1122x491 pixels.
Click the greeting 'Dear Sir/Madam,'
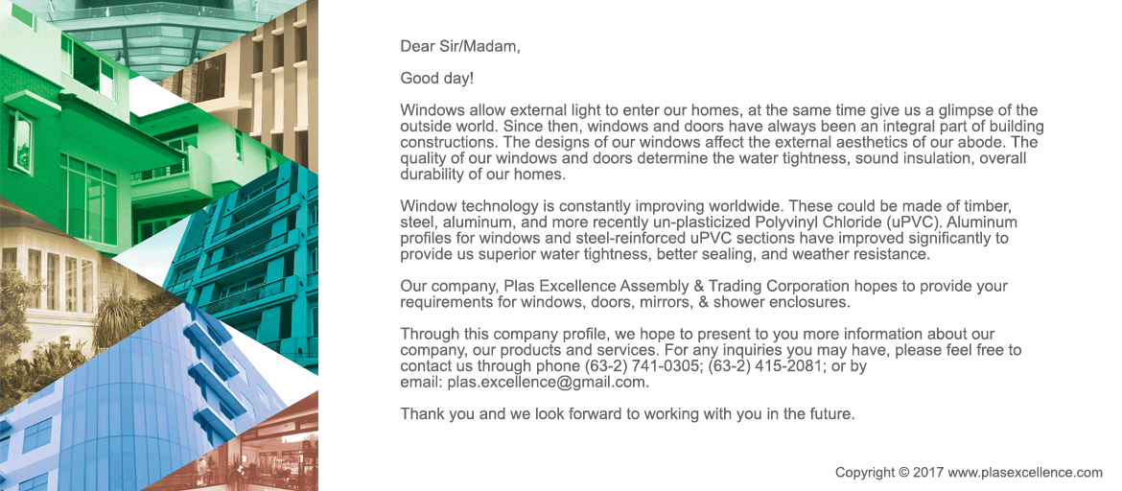pyautogui.click(x=460, y=46)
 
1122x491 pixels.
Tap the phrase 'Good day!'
pyautogui.click(x=436, y=78)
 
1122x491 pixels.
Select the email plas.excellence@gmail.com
pyautogui.click(x=548, y=382)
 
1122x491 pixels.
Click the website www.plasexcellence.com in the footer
pyautogui.click(x=1025, y=472)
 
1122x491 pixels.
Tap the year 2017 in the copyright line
pyautogui.click(x=928, y=472)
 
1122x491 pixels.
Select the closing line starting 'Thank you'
pyautogui.click(x=627, y=414)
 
